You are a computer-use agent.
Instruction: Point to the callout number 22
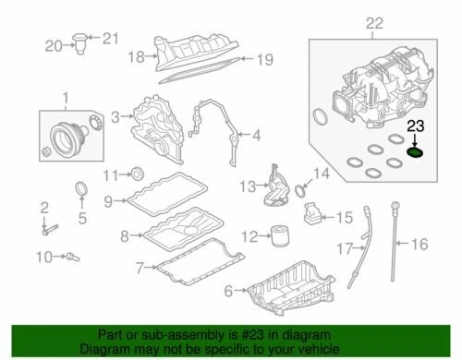point(372,21)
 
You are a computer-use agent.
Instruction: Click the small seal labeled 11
point(140,173)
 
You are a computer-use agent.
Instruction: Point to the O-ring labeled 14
point(300,188)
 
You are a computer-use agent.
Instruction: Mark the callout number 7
point(138,269)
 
